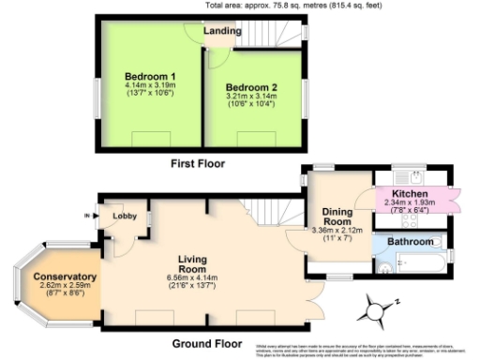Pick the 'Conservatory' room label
pos(65,277)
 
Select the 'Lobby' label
pos(125,217)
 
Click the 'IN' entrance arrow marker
pos(91,216)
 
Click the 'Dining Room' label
pos(330,217)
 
